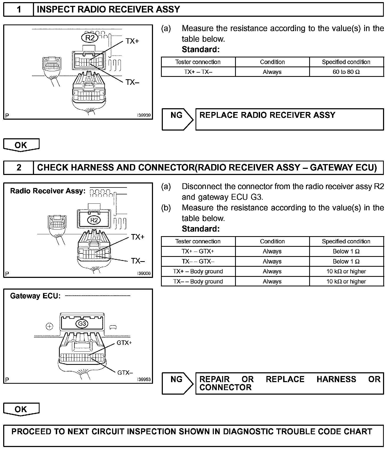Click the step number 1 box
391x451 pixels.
pos(19,10)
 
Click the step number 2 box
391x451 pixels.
pos(19,168)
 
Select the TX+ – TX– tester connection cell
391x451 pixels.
pos(198,72)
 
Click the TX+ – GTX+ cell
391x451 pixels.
pos(198,251)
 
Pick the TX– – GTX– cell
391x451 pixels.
pos(198,261)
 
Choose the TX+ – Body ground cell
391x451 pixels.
pos(198,272)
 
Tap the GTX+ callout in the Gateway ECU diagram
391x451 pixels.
pos(124,343)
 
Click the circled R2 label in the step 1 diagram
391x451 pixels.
pos(90,38)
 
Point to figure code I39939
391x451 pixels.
pos(144,115)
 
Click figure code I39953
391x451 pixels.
pos(144,379)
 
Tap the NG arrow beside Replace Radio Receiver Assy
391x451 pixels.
pos(177,119)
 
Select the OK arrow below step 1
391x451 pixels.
pos(21,145)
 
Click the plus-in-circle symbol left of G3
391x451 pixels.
pos(50,327)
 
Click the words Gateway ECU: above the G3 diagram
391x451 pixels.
pos(35,296)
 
